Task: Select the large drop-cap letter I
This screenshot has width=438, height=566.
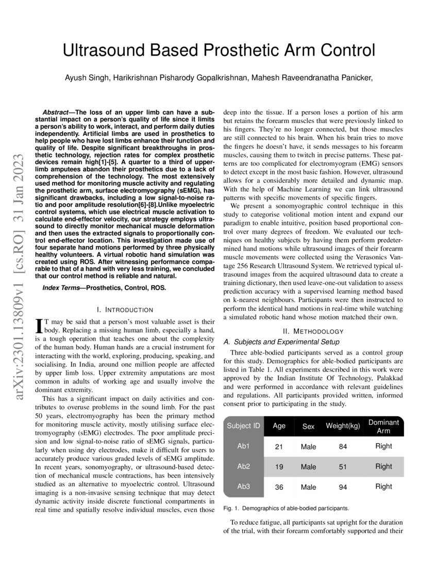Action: pyautogui.click(x=38, y=326)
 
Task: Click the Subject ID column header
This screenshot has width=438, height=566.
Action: pyautogui.click(x=243, y=426)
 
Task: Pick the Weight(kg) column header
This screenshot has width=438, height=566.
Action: pyautogui.click(x=343, y=426)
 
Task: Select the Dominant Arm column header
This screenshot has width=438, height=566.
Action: pyautogui.click(x=384, y=426)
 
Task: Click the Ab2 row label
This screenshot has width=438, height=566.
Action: pyautogui.click(x=243, y=466)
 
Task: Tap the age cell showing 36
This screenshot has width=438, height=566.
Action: pyautogui.click(x=279, y=487)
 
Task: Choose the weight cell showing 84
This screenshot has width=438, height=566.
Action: pyautogui.click(x=343, y=447)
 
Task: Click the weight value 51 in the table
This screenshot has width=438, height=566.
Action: pyautogui.click(x=343, y=467)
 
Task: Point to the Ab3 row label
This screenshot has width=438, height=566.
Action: pyautogui.click(x=243, y=486)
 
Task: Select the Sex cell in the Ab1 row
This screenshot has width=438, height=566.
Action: pyautogui.click(x=308, y=447)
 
